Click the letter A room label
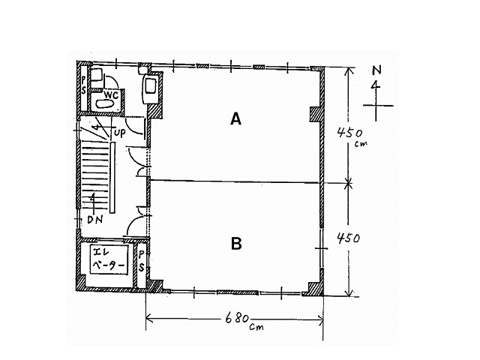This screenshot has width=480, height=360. tap(235, 118)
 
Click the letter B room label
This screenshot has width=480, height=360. tap(236, 244)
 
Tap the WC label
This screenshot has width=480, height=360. tap(111, 95)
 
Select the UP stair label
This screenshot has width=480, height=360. tap(120, 133)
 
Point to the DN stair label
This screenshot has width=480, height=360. tap(95, 220)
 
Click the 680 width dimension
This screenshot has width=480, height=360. tap(237, 319)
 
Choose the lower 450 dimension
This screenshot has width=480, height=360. tap(348, 238)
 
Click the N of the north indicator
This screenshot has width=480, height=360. tap(376, 70)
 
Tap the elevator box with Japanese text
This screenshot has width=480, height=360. tap(109, 259)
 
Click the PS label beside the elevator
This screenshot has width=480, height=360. tap(141, 261)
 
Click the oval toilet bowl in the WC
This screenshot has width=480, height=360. tap(104, 103)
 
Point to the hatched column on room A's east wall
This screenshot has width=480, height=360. tap(315, 114)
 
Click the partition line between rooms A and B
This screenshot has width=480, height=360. tap(235, 182)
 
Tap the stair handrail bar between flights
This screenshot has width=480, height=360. tap(112, 178)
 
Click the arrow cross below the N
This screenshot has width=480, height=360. tap(376, 106)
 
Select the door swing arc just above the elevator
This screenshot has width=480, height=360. tap(135, 225)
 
